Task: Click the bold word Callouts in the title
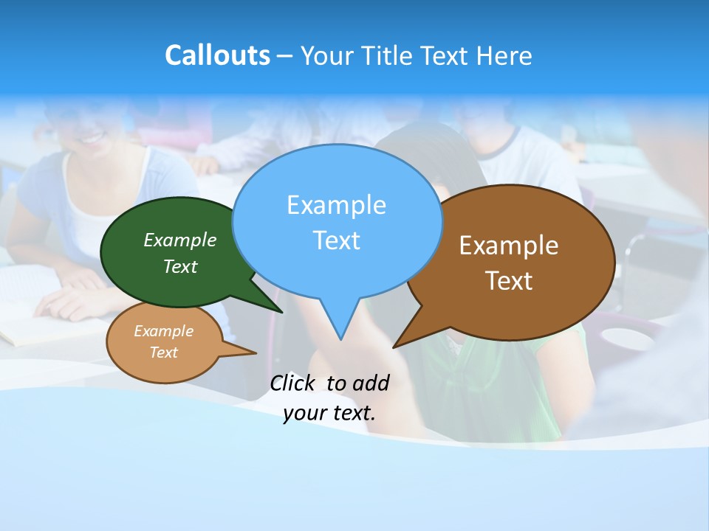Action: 217,55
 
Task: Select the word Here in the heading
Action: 505,56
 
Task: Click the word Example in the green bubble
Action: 180,240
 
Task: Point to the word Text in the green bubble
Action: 180,266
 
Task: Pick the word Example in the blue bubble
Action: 336,205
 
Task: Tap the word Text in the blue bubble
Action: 336,240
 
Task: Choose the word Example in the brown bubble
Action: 509,246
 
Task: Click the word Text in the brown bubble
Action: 509,281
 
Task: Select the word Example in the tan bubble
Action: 164,331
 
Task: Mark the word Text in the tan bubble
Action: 164,353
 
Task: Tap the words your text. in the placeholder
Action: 329,412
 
